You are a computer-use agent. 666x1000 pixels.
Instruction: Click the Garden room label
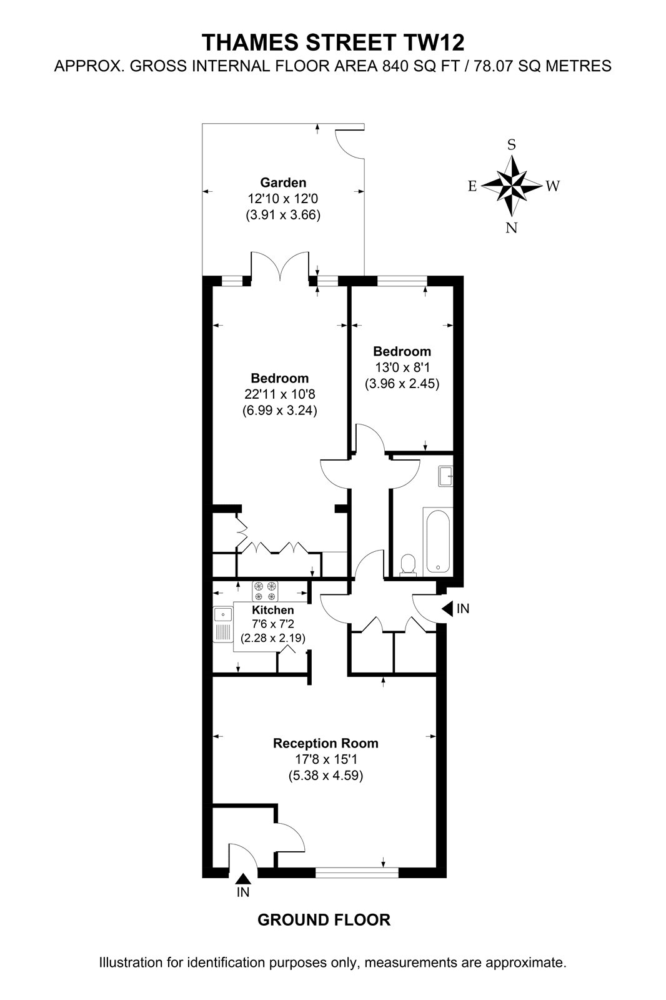(x=283, y=182)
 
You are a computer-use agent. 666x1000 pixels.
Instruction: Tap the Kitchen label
(x=273, y=610)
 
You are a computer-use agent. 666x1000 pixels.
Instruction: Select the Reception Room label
(x=326, y=743)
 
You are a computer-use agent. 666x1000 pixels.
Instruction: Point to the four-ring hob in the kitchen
(x=265, y=591)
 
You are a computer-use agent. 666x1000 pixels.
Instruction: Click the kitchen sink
(x=223, y=624)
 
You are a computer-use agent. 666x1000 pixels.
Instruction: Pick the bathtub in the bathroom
(x=437, y=540)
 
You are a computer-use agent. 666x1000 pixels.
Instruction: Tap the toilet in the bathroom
(x=407, y=565)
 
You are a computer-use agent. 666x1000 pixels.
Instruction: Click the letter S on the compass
(x=512, y=144)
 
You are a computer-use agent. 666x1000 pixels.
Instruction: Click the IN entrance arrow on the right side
(x=448, y=608)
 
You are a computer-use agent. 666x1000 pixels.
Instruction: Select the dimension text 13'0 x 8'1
(x=402, y=368)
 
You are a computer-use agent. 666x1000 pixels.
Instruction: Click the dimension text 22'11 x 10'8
(x=280, y=394)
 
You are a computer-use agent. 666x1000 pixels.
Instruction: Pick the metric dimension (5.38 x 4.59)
(x=326, y=776)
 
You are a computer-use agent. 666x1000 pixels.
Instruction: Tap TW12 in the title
(x=434, y=42)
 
